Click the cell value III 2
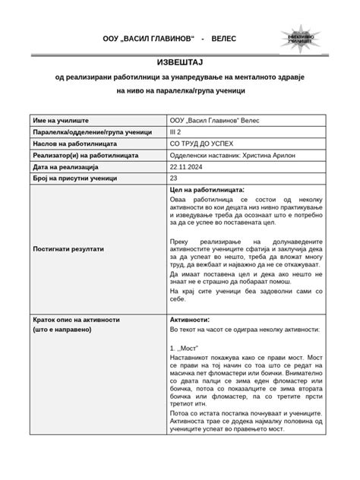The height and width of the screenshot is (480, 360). coord(177,131)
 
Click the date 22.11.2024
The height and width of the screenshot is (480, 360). coord(188,166)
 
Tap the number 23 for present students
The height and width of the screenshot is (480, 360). coord(174,177)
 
